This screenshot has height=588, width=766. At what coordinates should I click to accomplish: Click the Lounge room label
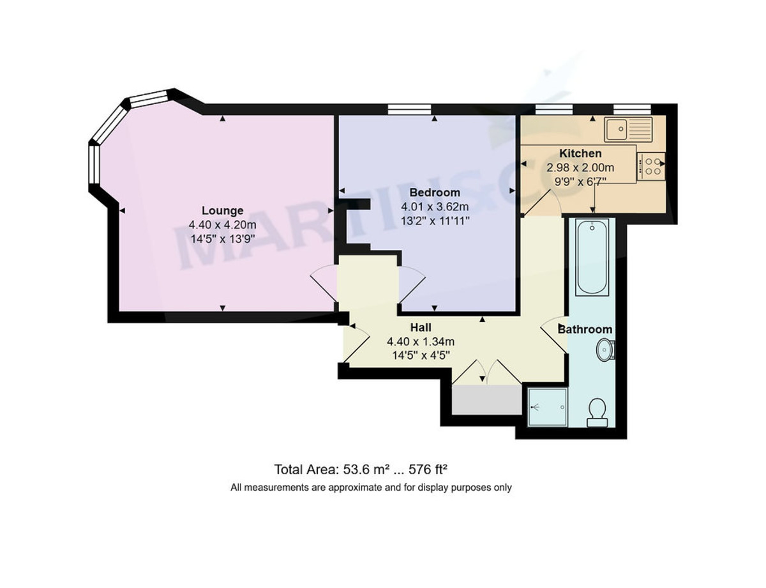pyautogui.click(x=222, y=210)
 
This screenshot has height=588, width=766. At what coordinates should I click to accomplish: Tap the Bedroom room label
pyautogui.click(x=434, y=192)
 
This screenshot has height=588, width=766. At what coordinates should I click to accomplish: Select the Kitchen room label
pyautogui.click(x=580, y=153)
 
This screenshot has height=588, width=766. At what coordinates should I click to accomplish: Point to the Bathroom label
pyautogui.click(x=585, y=330)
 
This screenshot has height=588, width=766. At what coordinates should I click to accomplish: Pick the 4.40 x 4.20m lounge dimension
pyautogui.click(x=222, y=224)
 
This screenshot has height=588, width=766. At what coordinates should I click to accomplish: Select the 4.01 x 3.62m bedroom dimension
pyautogui.click(x=434, y=206)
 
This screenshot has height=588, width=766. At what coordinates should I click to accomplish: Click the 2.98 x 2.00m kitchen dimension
pyautogui.click(x=580, y=167)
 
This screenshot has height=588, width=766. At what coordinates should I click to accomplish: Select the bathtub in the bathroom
pyautogui.click(x=592, y=257)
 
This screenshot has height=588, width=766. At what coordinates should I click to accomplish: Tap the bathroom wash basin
pyautogui.click(x=606, y=350)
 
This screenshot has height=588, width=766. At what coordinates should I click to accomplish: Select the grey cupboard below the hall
pyautogui.click(x=486, y=400)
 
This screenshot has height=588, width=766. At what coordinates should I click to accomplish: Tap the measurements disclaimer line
pyautogui.click(x=371, y=488)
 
